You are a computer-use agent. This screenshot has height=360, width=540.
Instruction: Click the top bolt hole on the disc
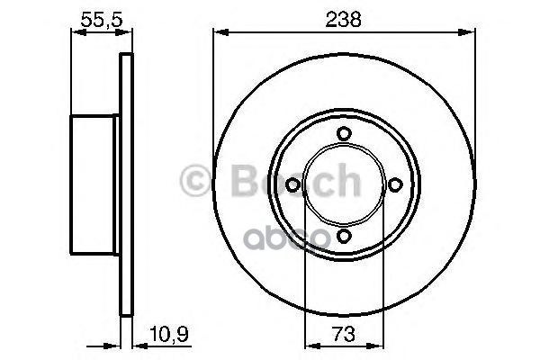point(343,134)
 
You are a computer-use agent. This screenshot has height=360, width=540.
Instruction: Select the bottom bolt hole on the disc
point(343,236)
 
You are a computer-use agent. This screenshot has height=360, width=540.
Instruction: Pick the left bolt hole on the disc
point(292,184)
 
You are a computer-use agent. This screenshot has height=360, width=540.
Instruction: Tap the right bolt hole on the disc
point(394,184)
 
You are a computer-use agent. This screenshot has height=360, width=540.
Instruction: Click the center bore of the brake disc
point(343,184)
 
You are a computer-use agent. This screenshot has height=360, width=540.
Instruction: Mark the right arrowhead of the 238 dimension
point(469,32)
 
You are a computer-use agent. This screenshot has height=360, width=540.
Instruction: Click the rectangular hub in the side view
point(94,185)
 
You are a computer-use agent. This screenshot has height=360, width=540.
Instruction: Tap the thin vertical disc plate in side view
point(126,185)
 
